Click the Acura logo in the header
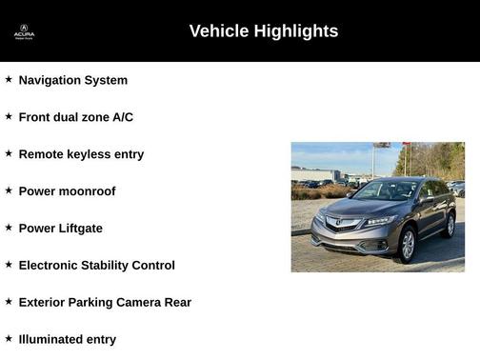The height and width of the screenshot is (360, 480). (24, 31)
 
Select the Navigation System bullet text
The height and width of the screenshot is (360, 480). (72, 80)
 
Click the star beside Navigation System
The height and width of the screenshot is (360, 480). (9, 80)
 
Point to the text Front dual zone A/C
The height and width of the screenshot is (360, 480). (75, 117)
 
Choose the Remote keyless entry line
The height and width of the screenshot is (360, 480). (81, 154)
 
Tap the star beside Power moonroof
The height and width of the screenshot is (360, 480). (9, 190)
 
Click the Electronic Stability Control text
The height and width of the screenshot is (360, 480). (96, 266)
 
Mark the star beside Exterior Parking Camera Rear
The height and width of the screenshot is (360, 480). (9, 302)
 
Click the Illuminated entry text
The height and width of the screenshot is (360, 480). (67, 340)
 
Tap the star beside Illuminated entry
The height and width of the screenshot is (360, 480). (9, 339)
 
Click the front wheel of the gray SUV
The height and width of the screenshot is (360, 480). (408, 245)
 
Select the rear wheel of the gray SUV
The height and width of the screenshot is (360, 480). (450, 225)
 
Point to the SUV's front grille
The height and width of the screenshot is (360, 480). (344, 225)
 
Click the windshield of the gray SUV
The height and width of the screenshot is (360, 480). (386, 190)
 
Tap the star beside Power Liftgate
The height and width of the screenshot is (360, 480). (9, 228)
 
